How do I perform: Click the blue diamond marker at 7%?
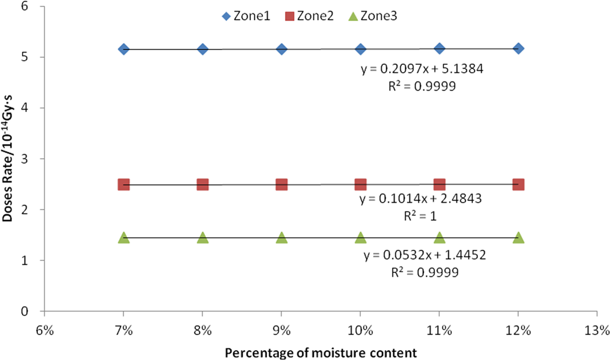[x=124, y=49]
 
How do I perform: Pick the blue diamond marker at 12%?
[x=518, y=48]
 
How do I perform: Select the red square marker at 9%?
[x=281, y=184]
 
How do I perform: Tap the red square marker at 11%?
[x=439, y=184]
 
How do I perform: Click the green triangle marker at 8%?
[x=203, y=238]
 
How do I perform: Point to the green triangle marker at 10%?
[x=360, y=238]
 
